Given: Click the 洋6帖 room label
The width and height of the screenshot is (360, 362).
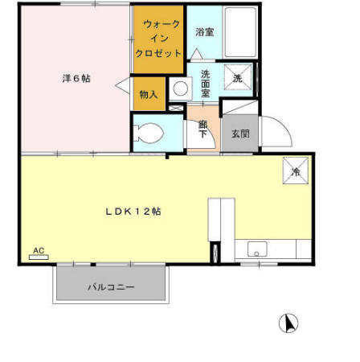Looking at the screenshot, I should point(76,79).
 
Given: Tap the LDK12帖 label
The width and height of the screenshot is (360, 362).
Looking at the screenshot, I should point(134,211).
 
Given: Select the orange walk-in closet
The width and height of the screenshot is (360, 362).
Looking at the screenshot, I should point(158,38).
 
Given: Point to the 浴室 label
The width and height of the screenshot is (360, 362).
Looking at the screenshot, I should point(204,32).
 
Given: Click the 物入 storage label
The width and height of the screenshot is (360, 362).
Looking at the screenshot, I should point(149,94).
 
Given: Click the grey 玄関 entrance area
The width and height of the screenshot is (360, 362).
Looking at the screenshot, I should point(239,133).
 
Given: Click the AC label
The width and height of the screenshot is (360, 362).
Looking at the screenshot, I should point(38,250).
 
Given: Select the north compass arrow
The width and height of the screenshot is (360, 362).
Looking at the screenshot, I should point(288,323).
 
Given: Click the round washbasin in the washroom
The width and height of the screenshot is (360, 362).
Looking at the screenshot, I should point(180,88).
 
